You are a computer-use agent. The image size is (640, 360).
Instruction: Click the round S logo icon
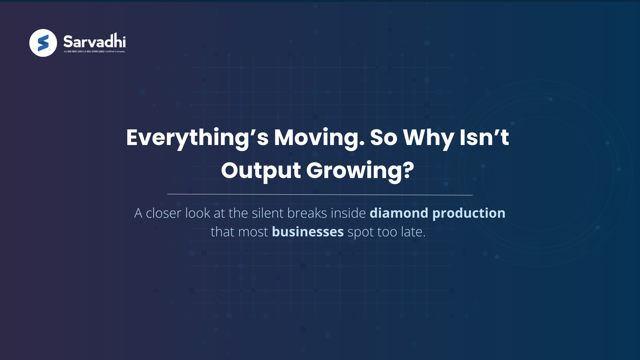coord(43,43)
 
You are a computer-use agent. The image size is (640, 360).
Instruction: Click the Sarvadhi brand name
coord(94,41)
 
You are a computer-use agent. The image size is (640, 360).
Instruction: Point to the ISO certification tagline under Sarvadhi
coord(94,52)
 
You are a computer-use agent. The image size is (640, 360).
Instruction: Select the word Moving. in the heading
coord(319,138)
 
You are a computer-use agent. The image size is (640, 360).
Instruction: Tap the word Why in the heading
coord(428,138)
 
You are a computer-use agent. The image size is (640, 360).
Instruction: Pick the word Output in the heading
coord(261,170)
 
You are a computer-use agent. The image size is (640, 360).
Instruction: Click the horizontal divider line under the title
coord(320,194)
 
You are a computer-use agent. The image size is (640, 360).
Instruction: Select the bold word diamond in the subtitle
coord(399,213)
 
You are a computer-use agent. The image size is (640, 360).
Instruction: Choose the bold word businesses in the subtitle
coord(308,232)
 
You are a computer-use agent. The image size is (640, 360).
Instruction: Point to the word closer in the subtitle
coord(164,213)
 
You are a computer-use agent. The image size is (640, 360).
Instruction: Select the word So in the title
coord(384,138)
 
